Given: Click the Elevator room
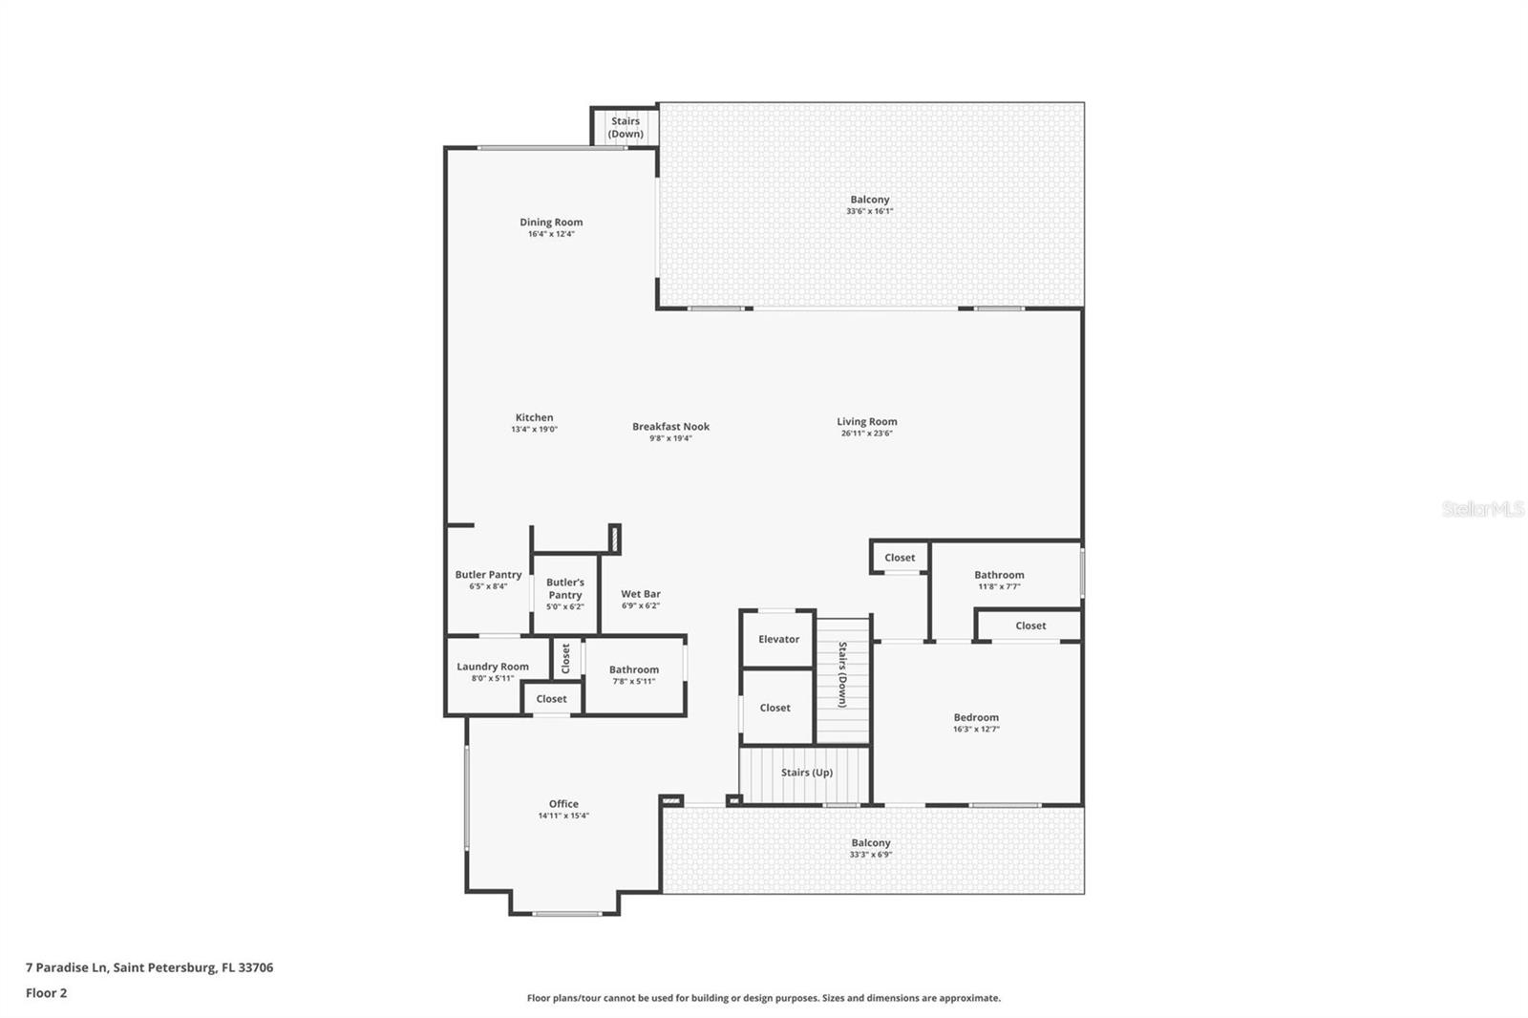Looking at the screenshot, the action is point(777,639).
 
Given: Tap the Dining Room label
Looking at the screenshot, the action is point(551,222).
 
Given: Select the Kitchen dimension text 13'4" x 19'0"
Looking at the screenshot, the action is point(534,429).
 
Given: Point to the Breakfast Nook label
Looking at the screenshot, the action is point(670,427).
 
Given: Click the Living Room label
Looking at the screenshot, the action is point(867,422).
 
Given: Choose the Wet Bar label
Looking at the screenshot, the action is point(641,594).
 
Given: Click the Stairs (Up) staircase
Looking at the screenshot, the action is point(805,774).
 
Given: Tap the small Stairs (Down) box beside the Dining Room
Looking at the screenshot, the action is point(625,127).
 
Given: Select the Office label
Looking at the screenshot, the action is point(563,804).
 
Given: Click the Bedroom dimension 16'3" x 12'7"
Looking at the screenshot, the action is point(976,730).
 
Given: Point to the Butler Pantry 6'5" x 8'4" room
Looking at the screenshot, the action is point(488,580).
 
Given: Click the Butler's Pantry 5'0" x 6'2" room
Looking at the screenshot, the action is point(564,594).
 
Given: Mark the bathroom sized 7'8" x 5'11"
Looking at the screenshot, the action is point(634,675).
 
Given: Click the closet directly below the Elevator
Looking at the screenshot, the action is point(776,707).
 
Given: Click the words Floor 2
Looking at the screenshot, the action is point(47,993).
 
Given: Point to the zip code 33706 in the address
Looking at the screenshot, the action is point(256,966).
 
